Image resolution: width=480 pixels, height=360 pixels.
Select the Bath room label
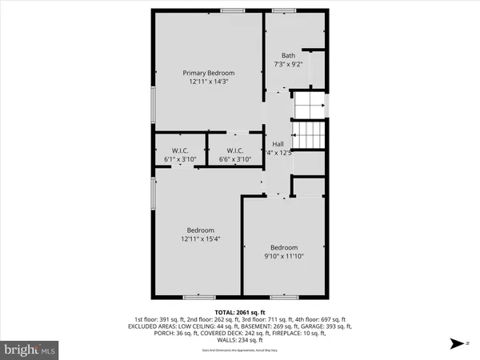(288, 55)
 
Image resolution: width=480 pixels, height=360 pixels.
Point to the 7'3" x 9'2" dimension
(288, 63)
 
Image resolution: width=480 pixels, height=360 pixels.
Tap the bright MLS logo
(30, 350)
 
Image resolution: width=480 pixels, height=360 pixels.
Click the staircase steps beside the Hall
(310, 134)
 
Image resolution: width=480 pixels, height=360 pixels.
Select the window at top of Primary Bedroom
(233, 10)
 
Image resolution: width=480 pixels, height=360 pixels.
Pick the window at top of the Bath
(283, 10)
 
